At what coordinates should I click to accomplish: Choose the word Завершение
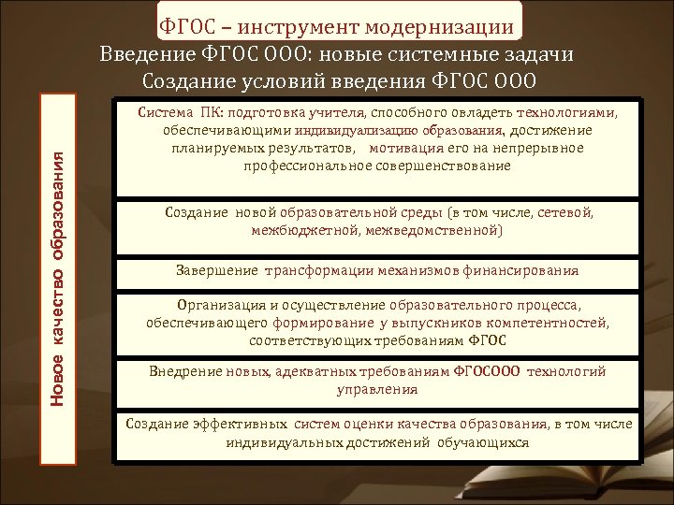(x=213, y=271)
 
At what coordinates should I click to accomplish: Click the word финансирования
(x=523, y=271)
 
